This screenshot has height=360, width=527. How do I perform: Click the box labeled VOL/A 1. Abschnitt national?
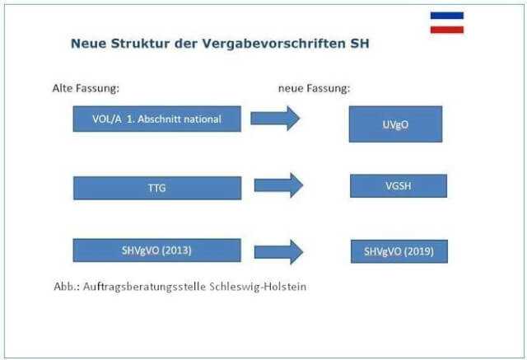(156, 119)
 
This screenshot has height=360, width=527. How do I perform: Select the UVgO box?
(395, 124)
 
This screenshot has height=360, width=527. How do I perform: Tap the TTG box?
(156, 188)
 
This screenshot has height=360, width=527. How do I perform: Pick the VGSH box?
(398, 185)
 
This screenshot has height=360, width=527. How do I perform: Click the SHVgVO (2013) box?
(156, 250)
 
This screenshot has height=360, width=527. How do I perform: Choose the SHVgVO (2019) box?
(399, 251)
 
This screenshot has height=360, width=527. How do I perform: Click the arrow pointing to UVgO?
(275, 119)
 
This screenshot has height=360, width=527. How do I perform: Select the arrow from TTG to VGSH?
(278, 185)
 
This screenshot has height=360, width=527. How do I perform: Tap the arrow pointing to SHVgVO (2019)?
(278, 250)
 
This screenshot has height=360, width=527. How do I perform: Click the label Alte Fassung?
(86, 86)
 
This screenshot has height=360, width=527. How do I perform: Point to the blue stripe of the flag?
(446, 16)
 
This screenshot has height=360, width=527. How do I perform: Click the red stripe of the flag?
(446, 30)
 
